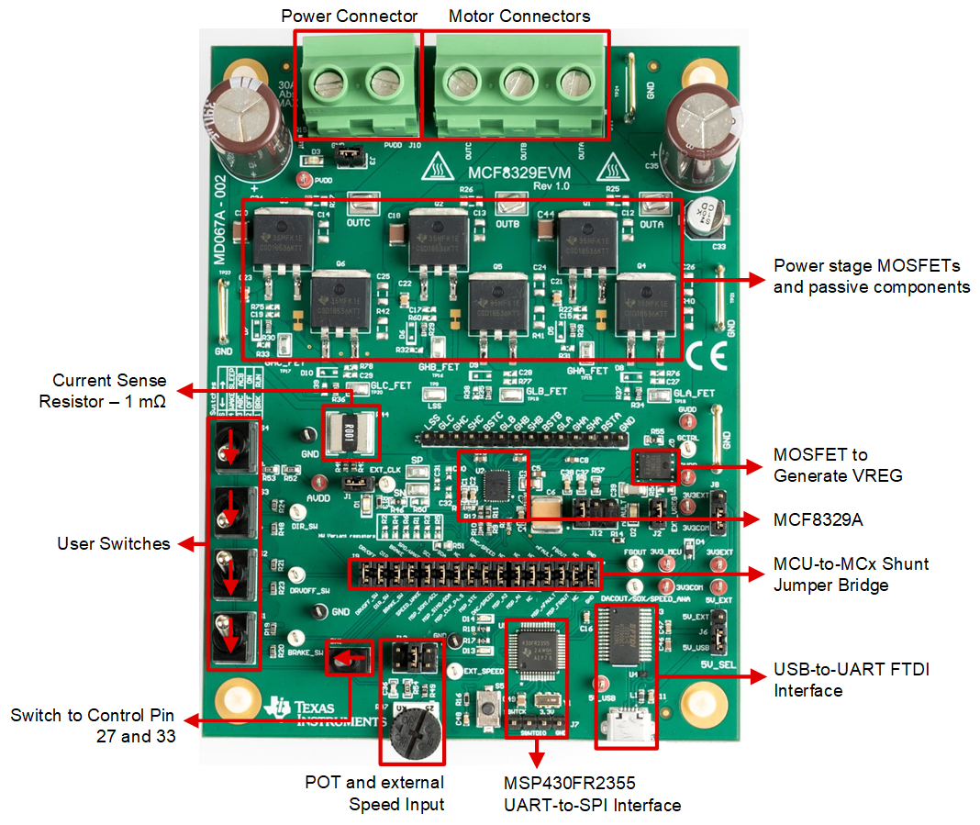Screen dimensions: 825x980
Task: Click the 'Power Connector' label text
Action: (349, 17)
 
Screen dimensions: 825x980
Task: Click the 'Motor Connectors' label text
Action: (519, 17)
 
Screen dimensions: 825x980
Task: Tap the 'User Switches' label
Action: (114, 543)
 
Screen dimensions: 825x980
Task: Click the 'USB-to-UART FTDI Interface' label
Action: (852, 680)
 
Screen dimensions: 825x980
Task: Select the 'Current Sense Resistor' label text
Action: (109, 390)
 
